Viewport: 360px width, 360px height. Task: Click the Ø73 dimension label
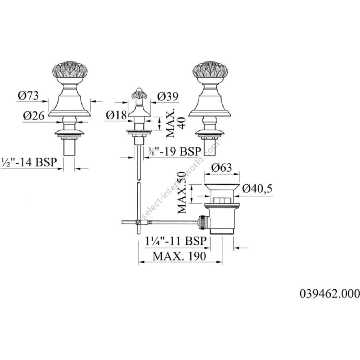28,96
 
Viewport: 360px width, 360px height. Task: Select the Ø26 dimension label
34,116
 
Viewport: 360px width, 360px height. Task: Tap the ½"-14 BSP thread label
29,162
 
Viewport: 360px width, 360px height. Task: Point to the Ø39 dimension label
168,97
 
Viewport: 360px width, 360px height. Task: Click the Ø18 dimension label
116,115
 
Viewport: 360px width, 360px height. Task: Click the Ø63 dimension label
222,168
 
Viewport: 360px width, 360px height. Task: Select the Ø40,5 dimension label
257,189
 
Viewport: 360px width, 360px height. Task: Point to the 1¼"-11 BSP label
176,241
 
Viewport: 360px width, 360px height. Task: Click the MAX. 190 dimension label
179,256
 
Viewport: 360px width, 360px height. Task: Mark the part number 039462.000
330,294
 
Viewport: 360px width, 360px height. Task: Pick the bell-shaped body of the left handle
69,103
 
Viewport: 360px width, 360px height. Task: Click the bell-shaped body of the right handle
209,103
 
